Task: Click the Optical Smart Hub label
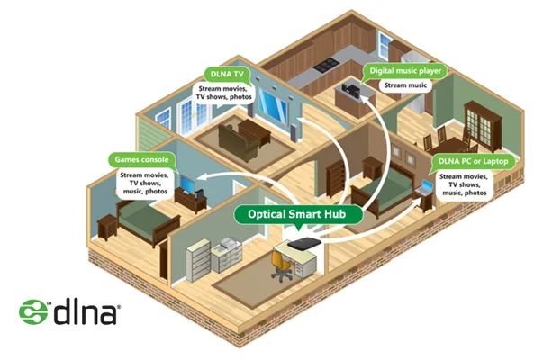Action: (x=297, y=214)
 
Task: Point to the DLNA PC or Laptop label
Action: (x=472, y=159)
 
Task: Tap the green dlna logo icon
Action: (x=33, y=311)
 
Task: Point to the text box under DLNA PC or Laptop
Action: (x=463, y=184)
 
